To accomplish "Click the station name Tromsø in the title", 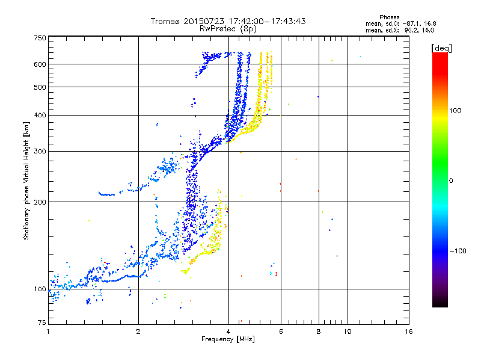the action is pos(165,21).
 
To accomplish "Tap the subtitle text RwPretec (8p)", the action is pos(228,29).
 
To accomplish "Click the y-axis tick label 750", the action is pos(40,38).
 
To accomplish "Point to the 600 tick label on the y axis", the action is pos(40,64).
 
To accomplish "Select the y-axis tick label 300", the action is pos(40,151).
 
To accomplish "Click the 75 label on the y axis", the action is pos(42,322).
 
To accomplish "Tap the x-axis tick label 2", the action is pos(138,332).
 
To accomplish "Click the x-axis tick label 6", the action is pos(281,332).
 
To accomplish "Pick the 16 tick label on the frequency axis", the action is pos(409,332).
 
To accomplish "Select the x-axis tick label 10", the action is pos(348,332).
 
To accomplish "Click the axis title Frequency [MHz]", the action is pos(228,339).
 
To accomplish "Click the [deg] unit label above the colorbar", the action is pos(441,49).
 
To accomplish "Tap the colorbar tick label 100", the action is pos(455,111).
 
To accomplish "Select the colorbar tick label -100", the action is pos(458,251).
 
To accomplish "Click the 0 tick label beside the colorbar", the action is pos(451,180).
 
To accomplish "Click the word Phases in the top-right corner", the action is pos(389,17).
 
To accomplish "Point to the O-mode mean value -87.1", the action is pos(411,23).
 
